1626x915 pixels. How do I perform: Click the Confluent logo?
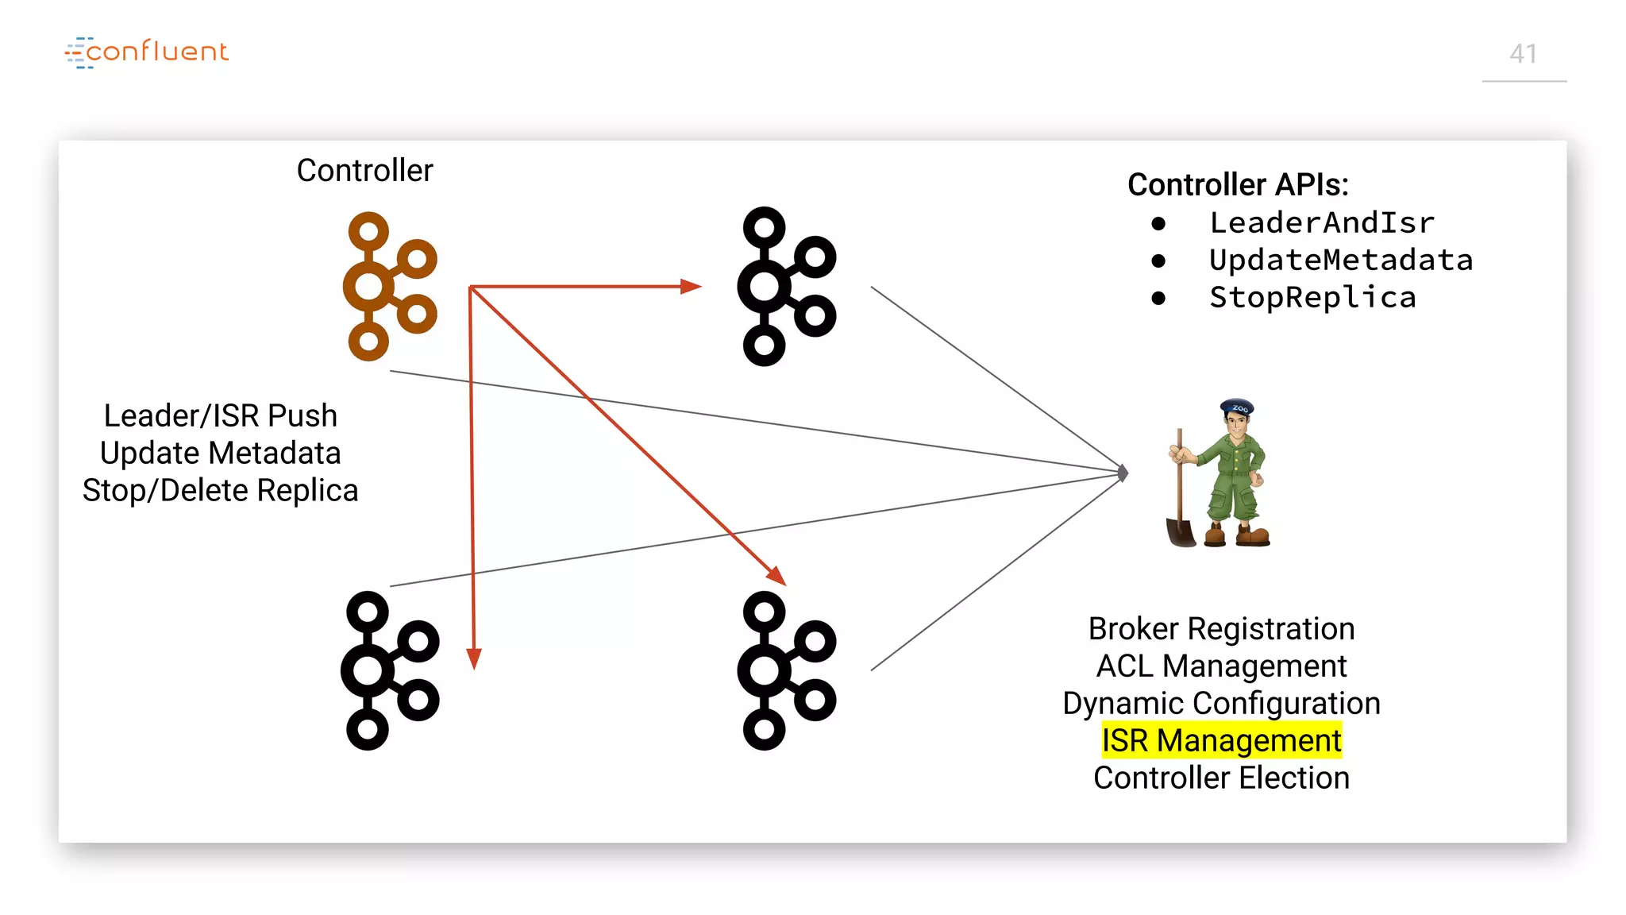pos(147,52)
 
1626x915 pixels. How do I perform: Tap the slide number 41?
pos(1523,54)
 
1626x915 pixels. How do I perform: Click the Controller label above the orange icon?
pos(364,171)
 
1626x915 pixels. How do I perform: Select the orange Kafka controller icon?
pos(388,286)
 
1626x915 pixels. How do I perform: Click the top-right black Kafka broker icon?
pos(785,286)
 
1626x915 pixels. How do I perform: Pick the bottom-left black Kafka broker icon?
pos(388,670)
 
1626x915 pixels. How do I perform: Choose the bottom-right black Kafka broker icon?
pos(785,670)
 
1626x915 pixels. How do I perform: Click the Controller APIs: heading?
pos(1237,184)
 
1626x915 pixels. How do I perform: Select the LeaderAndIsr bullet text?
pos(1321,223)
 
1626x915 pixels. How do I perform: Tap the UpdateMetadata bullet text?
pos(1340,261)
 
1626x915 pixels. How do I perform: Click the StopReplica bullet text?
pos(1312,298)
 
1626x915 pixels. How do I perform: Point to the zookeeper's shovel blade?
pos(1181,531)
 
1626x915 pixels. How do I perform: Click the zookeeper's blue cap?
pos(1237,407)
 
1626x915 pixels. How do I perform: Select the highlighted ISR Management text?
pos(1221,740)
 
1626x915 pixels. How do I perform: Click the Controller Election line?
pos(1221,778)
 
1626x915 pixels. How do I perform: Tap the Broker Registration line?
pos(1221,628)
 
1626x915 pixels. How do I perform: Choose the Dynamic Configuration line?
pos(1221,703)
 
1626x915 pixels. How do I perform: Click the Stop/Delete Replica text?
pos(220,490)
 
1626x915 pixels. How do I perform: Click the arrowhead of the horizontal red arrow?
pos(692,286)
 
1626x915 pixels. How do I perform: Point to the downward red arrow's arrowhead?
pos(474,658)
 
